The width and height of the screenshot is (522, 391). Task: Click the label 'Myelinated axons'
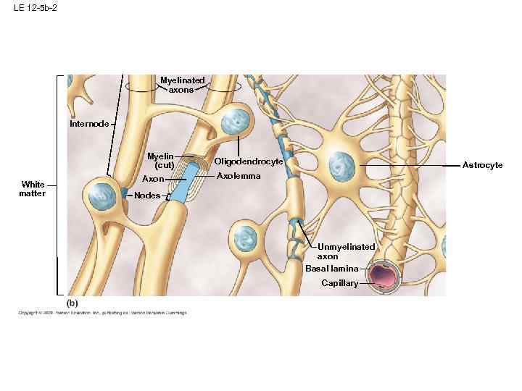tap(182, 85)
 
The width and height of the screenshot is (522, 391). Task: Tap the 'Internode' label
tap(89, 124)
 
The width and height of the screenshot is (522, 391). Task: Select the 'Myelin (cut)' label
tap(159, 161)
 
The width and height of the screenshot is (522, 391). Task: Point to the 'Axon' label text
tap(153, 178)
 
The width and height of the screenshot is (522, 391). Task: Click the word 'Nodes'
tap(147, 195)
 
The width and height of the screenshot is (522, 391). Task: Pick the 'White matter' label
tap(33, 188)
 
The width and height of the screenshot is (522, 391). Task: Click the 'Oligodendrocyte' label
tap(248, 161)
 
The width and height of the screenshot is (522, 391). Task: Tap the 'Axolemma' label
tap(239, 176)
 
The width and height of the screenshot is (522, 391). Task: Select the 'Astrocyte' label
tap(482, 166)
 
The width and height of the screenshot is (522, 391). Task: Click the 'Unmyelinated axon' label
tap(346, 251)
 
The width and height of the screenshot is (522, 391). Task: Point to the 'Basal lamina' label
tap(331, 269)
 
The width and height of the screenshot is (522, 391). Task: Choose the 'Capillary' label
tap(340, 283)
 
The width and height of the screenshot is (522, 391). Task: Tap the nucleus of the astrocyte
tap(341, 167)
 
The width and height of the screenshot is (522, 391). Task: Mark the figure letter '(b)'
tap(72, 302)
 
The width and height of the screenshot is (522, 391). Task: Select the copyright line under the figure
tap(102, 313)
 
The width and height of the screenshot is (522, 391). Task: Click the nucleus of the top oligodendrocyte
tap(236, 122)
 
